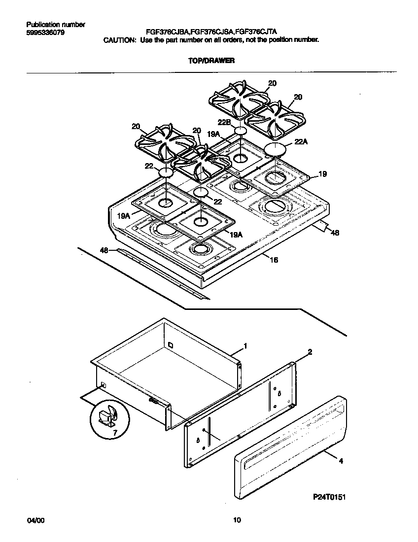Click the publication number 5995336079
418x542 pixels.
(44, 33)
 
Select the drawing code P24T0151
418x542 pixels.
(329, 497)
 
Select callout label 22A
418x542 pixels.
(301, 142)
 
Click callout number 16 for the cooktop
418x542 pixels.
(274, 260)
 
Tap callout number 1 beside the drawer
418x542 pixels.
(245, 346)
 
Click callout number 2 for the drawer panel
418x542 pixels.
(310, 352)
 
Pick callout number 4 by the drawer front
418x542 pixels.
(340, 461)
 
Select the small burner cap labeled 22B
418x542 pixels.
(241, 131)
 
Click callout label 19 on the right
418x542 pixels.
(322, 174)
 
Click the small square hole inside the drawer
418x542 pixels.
(170, 344)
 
